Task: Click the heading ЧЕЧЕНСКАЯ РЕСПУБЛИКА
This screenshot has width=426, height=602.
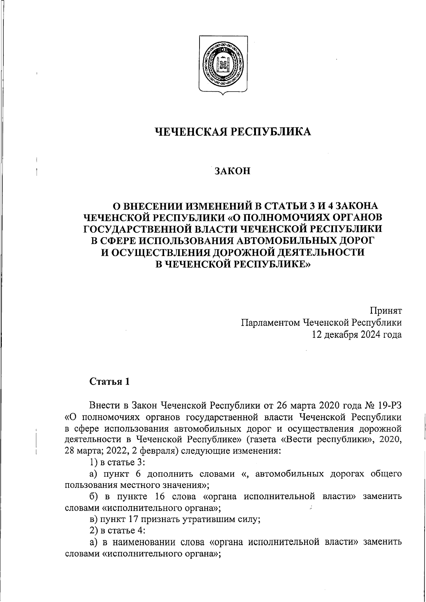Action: point(234,132)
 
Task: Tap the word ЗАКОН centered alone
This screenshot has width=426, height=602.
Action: point(233,171)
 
